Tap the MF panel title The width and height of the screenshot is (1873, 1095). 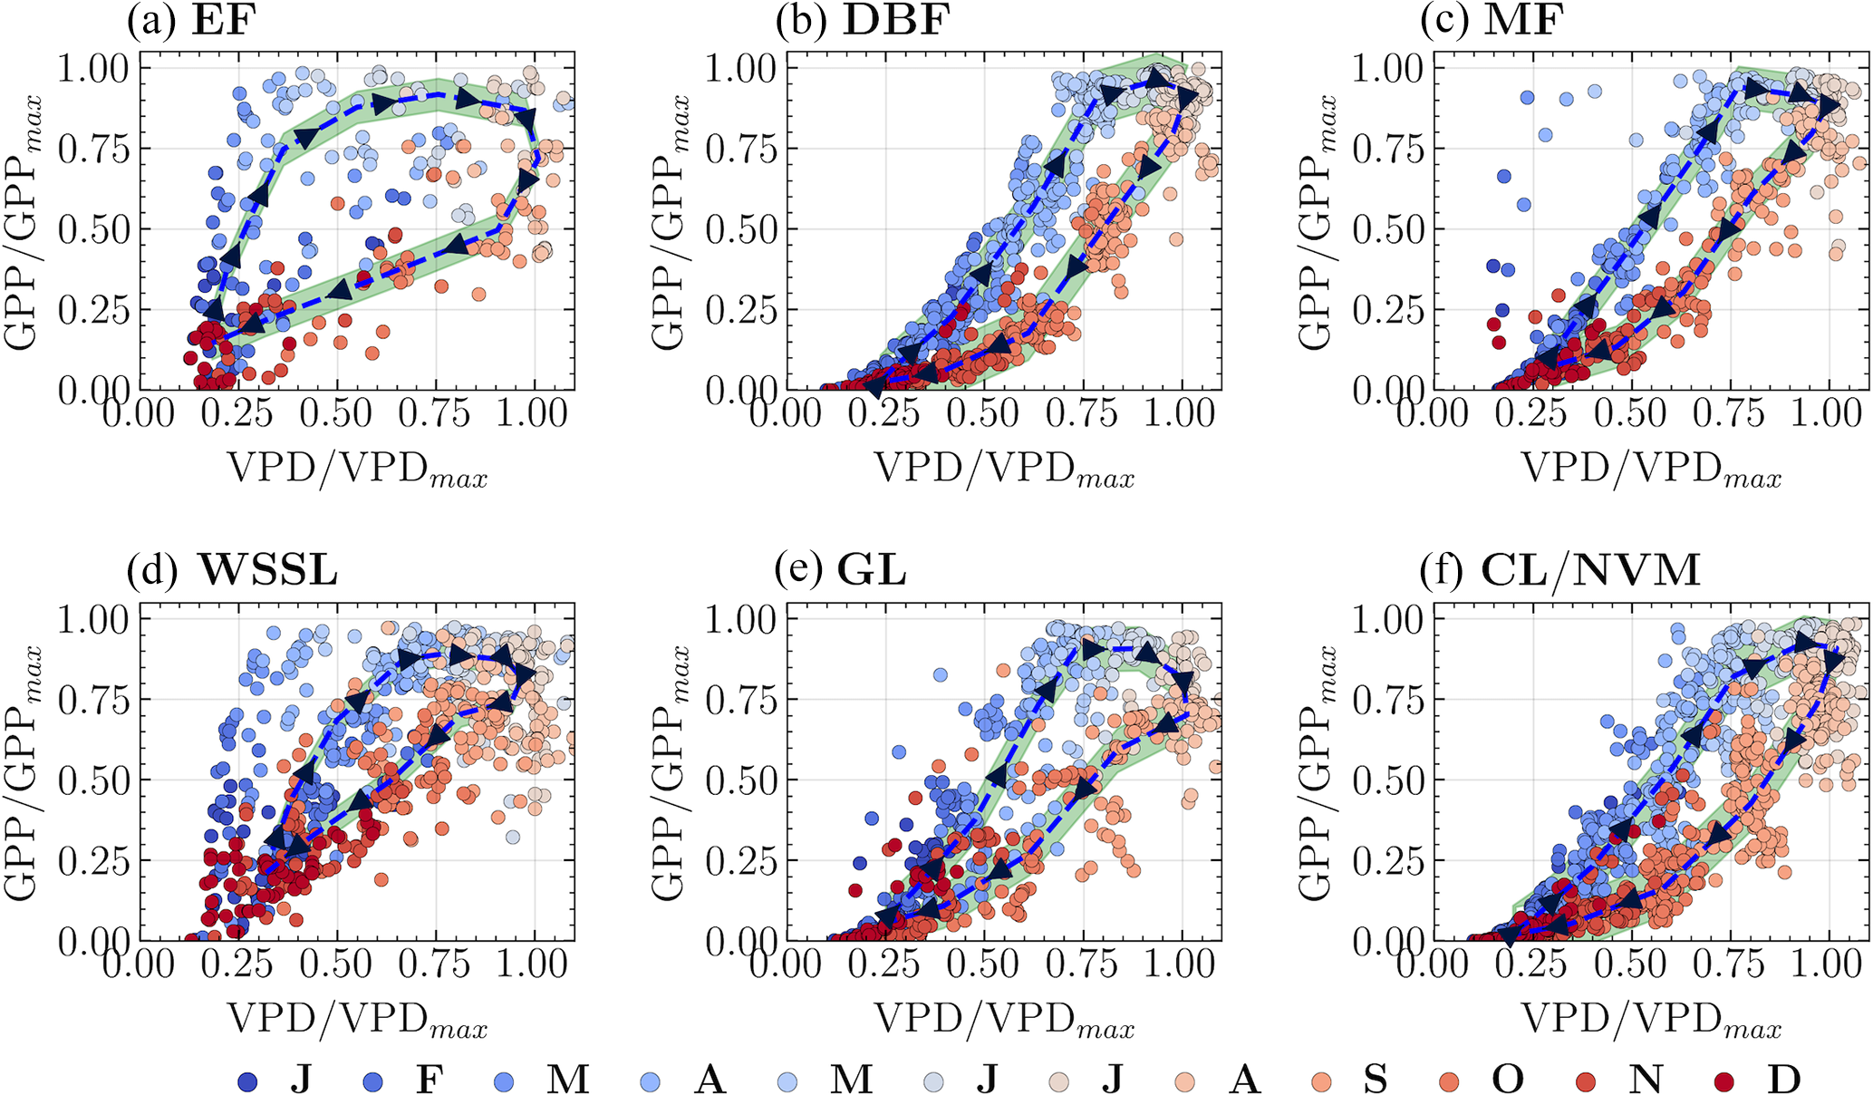click(1492, 20)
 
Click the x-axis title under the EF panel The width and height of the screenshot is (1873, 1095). click(357, 470)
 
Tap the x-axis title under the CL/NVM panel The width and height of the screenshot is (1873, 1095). click(1651, 1021)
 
